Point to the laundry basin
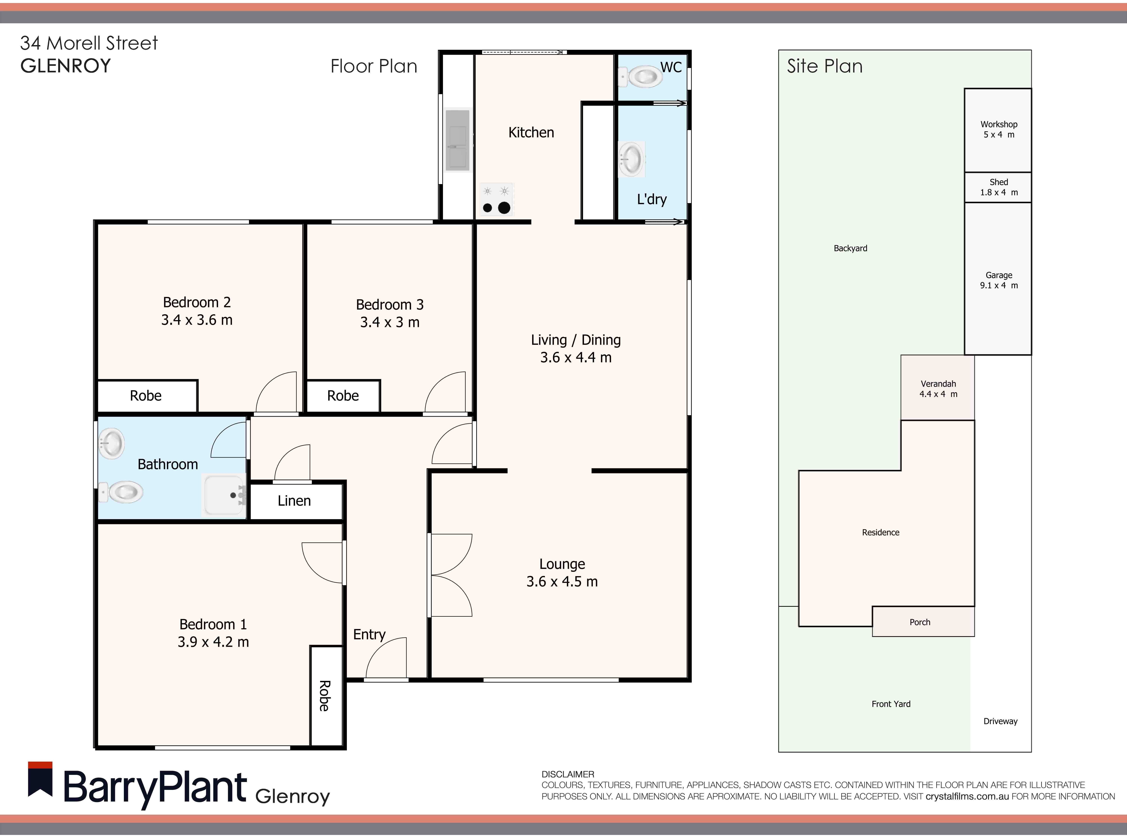coord(632,159)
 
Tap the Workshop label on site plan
coord(998,124)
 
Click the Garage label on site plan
coord(998,275)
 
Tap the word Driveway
coord(1000,721)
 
